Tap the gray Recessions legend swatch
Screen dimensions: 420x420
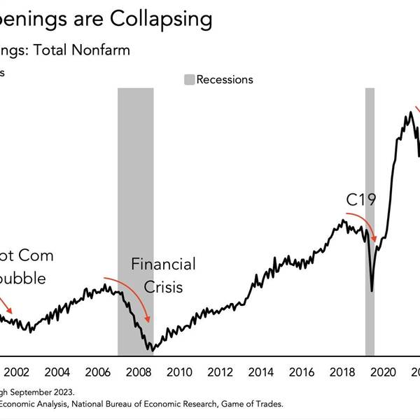coord(189,79)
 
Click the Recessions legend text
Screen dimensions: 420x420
coord(225,79)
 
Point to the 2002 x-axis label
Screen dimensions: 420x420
coord(15,372)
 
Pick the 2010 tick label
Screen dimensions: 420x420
coord(179,372)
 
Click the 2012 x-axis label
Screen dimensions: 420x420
coord(220,372)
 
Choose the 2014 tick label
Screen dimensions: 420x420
coord(261,372)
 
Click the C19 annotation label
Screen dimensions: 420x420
coord(361,200)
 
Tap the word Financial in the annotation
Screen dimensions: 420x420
coord(164,265)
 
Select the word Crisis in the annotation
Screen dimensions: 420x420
coord(164,287)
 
